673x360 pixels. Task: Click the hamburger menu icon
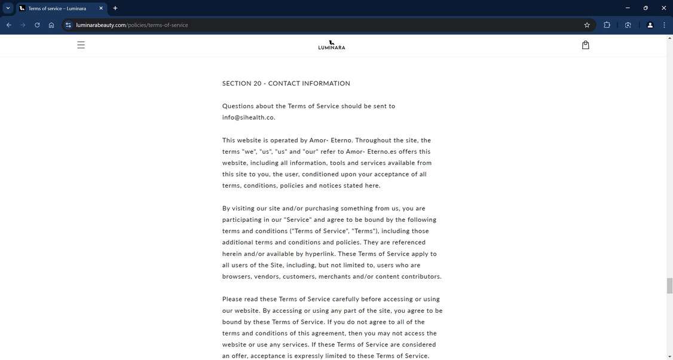coord(81,45)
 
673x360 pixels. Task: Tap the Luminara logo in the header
coord(332,45)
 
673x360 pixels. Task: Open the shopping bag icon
coord(585,45)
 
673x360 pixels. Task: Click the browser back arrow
coord(9,25)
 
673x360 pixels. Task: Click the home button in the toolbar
coord(51,25)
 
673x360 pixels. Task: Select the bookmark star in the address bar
coord(587,25)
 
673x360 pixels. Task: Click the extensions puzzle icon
coord(607,25)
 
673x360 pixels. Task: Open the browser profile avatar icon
coord(650,25)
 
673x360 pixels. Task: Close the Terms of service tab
coord(101,8)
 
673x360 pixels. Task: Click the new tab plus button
coord(115,8)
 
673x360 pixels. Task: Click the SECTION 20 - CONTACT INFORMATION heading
coord(286,84)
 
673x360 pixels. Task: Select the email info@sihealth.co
coord(249,118)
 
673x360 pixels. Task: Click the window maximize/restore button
coord(646,8)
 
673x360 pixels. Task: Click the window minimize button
coord(627,8)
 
